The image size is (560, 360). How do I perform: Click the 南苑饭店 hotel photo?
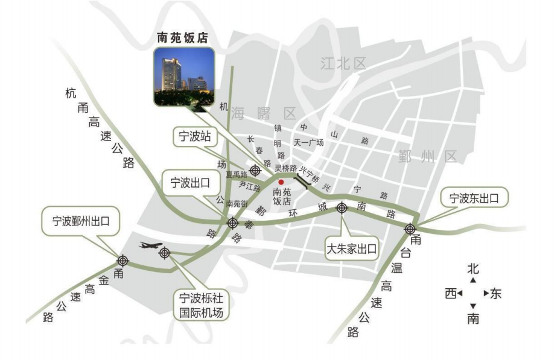pos(184,76)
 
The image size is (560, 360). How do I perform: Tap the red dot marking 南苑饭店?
pos(281,182)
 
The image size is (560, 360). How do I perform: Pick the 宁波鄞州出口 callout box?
pos(80,221)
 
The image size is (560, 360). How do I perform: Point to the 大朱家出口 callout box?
pos(352,248)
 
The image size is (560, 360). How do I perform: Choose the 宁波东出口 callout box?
pos(474,198)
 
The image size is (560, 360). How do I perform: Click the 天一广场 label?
pos(308,143)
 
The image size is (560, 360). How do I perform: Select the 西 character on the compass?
pos(451,294)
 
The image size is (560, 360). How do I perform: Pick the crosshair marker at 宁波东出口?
pos(410,229)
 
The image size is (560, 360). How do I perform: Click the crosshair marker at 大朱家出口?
pos(342,208)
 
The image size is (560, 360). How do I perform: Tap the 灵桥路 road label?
pos(285,168)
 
